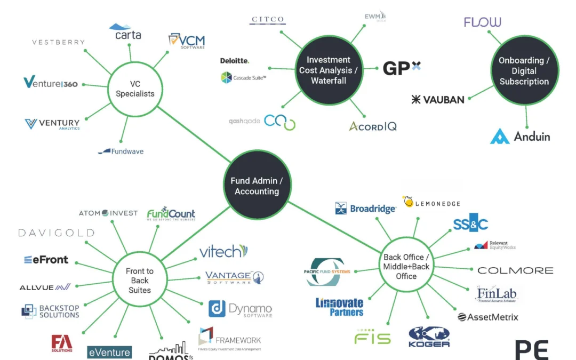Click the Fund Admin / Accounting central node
[257, 186]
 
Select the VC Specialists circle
[135, 89]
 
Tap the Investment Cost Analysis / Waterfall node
[329, 70]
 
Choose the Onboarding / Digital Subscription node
[524, 71]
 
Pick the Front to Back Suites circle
[140, 281]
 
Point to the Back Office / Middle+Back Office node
[406, 267]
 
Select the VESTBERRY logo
[59, 42]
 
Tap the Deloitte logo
[235, 61]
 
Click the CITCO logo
[268, 20]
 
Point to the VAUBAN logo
[438, 99]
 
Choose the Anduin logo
[520, 136]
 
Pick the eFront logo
[46, 260]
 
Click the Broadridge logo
[365, 209]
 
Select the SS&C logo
[470, 225]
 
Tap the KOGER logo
[429, 337]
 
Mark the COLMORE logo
[515, 270]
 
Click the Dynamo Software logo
[240, 309]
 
